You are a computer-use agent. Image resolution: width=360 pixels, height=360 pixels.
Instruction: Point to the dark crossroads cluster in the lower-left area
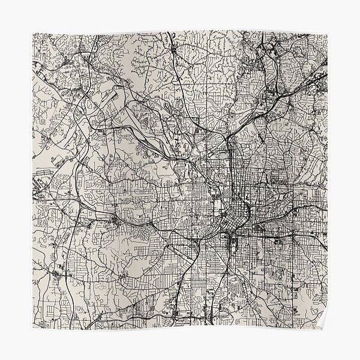tap(57, 273)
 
